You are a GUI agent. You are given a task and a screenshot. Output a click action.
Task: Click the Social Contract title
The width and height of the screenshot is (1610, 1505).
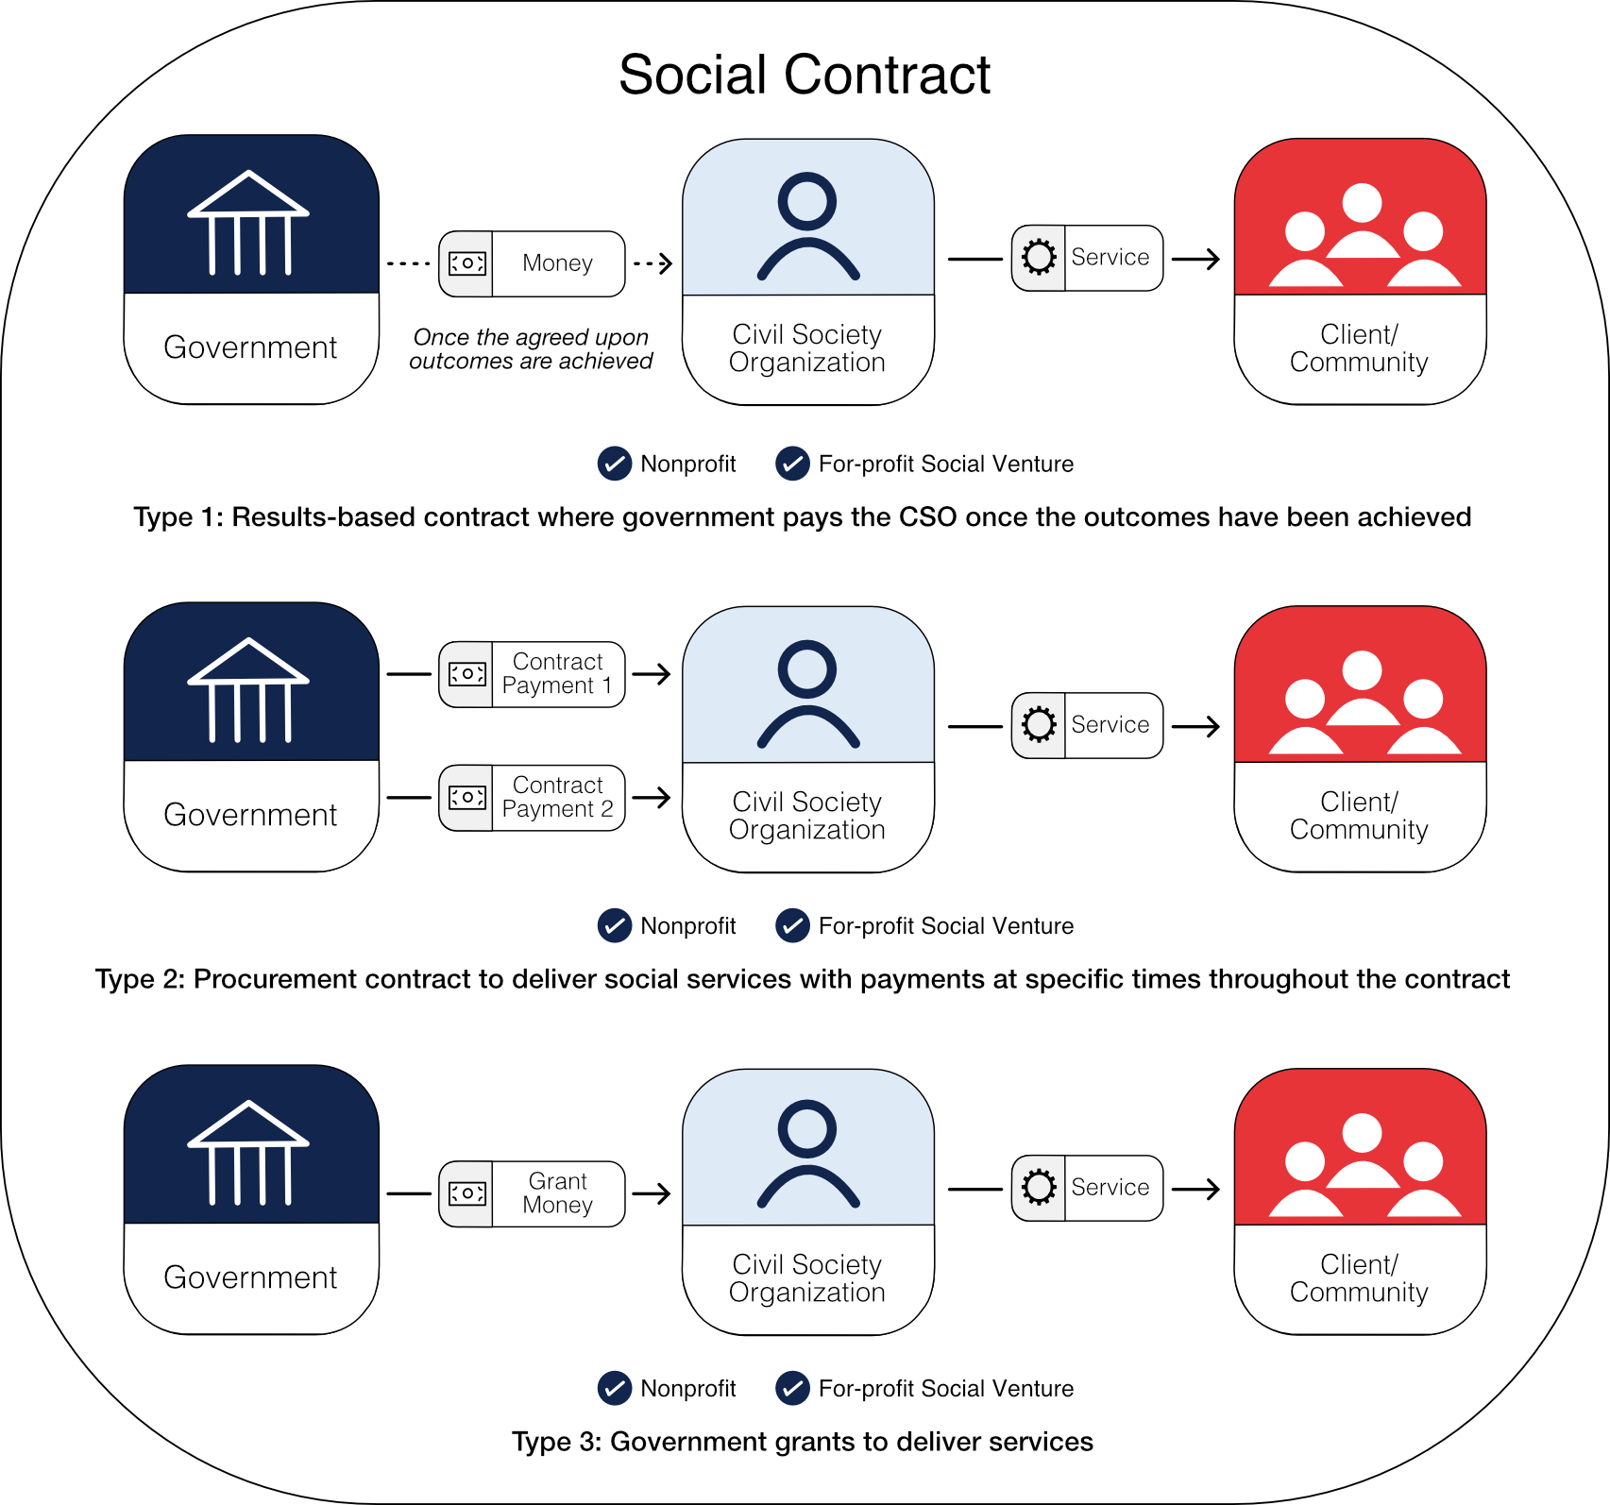[x=805, y=75]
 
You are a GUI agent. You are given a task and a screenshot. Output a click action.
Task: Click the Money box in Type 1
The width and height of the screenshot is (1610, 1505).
[x=532, y=263]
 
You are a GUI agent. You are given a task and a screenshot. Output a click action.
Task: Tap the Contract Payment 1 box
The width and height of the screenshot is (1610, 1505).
[x=532, y=674]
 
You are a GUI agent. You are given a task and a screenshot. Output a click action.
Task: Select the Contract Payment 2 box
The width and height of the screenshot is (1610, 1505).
[x=532, y=798]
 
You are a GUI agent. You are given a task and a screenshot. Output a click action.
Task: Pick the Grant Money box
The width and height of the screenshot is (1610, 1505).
[x=532, y=1193]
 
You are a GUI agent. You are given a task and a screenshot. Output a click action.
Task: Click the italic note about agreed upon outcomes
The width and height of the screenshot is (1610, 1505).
[x=531, y=349]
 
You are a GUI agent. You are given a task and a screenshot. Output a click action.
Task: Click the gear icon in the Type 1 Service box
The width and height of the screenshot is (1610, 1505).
[x=1039, y=258]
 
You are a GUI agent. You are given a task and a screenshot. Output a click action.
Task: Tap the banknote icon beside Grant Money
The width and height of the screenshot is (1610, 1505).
[x=466, y=1193]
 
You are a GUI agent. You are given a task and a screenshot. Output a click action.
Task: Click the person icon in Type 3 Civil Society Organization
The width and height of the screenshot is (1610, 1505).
[x=807, y=1154]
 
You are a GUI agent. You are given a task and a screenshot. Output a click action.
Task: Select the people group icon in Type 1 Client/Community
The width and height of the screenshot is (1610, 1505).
[x=1363, y=236]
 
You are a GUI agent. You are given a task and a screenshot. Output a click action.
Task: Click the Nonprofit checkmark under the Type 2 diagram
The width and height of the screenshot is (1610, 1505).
[x=615, y=926]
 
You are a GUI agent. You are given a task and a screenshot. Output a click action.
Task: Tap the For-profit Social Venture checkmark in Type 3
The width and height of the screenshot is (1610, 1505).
[x=792, y=1388]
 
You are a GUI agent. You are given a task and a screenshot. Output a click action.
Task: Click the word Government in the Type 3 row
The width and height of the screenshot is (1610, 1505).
[x=250, y=1277]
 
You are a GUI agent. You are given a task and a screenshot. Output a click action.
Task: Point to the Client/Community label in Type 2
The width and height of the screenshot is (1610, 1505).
[x=1359, y=816]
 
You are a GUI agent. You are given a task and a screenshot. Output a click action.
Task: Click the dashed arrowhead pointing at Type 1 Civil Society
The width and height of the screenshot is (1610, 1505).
[x=665, y=263]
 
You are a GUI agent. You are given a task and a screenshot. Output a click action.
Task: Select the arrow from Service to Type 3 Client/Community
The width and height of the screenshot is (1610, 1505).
[x=1196, y=1189]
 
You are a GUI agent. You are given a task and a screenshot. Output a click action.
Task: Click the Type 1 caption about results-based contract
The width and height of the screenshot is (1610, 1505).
[x=802, y=517]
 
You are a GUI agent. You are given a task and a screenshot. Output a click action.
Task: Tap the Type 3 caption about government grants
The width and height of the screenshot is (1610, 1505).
[x=802, y=1442]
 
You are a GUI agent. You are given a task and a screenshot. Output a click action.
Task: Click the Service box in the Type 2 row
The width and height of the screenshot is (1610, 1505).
[x=1087, y=725]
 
